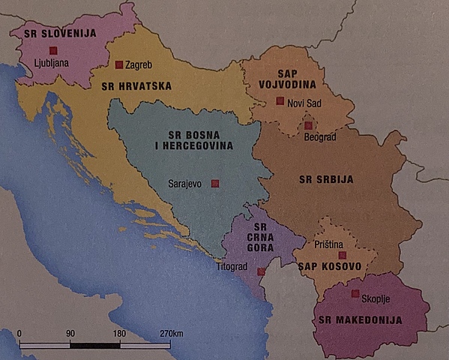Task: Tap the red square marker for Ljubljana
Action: pos(52,50)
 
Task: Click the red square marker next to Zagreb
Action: pos(118,64)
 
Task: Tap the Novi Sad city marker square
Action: pos(280,100)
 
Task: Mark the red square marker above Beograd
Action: pos(308,125)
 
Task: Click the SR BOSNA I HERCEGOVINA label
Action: pos(184,141)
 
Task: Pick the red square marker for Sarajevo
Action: pos(215,182)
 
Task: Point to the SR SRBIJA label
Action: pos(325,179)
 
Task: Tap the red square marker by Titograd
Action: pos(260,271)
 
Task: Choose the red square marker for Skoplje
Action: pos(355,293)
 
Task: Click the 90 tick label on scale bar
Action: pos(70,332)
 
